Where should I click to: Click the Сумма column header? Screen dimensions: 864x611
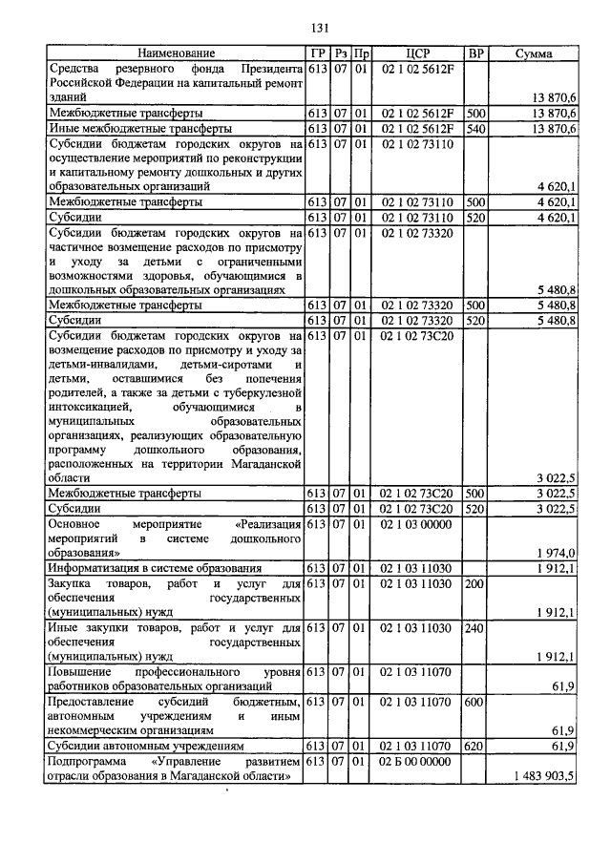click(534, 54)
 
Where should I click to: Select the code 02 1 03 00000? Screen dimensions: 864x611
click(416, 525)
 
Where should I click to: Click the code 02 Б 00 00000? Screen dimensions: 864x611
click(416, 763)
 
